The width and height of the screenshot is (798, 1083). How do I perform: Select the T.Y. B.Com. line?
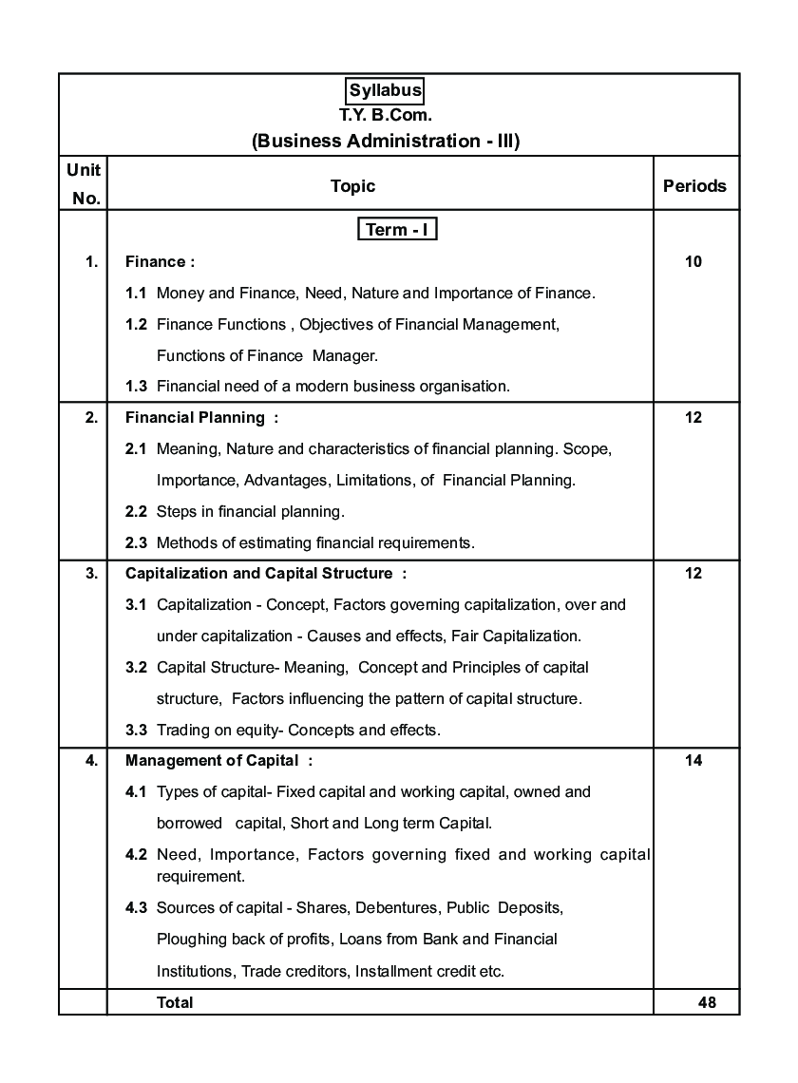pyautogui.click(x=385, y=115)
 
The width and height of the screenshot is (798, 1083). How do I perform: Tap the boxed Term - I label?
pyautogui.click(x=397, y=230)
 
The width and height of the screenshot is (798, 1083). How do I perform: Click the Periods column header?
pyautogui.click(x=694, y=186)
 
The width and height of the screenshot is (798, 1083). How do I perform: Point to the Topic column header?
pyautogui.click(x=352, y=186)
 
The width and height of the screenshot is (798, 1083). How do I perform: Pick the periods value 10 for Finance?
pyautogui.click(x=693, y=261)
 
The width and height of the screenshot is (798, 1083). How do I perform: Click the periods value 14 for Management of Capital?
pyautogui.click(x=693, y=760)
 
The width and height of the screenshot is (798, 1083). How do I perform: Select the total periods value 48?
pyautogui.click(x=706, y=1002)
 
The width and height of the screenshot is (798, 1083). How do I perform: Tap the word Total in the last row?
pyautogui.click(x=175, y=1002)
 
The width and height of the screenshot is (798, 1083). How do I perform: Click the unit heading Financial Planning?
pyautogui.click(x=196, y=417)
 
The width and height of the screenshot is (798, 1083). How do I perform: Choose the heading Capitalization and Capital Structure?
pyautogui.click(x=259, y=573)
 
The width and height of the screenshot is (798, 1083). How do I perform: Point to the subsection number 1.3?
pyautogui.click(x=136, y=386)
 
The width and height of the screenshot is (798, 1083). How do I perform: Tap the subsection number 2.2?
pyautogui.click(x=136, y=511)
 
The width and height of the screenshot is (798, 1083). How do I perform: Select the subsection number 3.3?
pyautogui.click(x=136, y=730)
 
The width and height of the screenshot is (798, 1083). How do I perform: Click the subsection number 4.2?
pyautogui.click(x=136, y=854)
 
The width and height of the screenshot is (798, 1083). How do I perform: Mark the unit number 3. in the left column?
pyautogui.click(x=91, y=573)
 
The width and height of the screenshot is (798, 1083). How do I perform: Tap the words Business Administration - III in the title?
pyautogui.click(x=386, y=142)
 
